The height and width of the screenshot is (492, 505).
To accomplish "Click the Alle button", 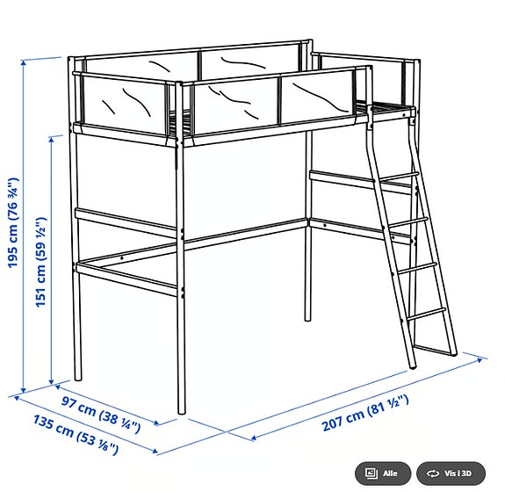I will (381, 473).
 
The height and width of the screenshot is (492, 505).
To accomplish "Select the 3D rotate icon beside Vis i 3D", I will (432, 473).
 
